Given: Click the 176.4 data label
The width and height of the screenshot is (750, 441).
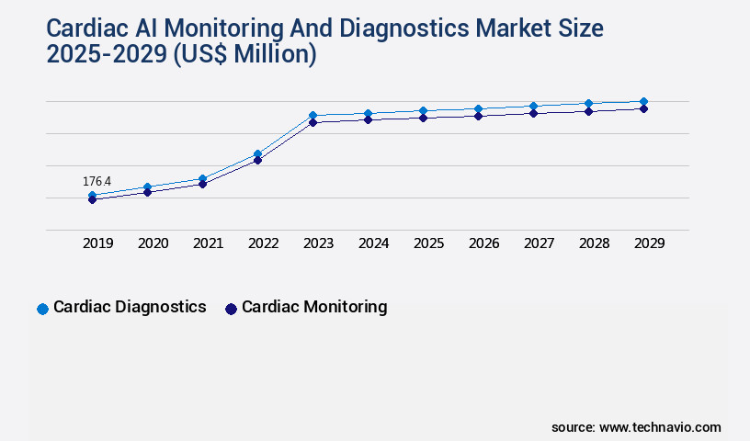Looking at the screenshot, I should (97, 182).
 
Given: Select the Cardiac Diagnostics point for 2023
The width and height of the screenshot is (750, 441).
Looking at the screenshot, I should (312, 116).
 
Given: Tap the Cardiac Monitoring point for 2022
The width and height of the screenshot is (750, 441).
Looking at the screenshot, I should (257, 161).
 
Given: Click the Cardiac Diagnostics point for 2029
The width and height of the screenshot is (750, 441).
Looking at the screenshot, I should (643, 101).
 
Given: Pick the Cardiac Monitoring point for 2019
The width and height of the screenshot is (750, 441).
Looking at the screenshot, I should (92, 199).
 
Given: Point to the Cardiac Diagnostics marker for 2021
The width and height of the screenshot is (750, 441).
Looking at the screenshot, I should (202, 178).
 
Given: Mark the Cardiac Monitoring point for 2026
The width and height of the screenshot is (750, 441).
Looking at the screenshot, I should (478, 116).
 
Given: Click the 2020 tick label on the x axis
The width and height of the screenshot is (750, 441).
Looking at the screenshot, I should (153, 243).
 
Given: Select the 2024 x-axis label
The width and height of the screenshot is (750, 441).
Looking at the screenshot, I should (373, 243).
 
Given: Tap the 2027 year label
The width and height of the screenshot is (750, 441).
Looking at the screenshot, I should (539, 243).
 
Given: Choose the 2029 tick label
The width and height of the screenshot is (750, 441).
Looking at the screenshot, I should (649, 243).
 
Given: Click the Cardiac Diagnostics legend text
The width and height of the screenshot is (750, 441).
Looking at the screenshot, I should (130, 307).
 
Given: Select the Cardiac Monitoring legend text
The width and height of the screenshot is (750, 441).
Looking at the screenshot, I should (314, 307).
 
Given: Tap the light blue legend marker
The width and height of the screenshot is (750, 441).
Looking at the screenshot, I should (42, 309).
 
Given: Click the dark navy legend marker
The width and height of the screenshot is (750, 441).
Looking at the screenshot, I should (231, 309).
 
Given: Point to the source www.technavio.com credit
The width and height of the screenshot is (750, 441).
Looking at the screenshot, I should (636, 427).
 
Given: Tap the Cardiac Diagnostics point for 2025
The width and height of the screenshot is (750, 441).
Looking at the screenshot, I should (423, 110).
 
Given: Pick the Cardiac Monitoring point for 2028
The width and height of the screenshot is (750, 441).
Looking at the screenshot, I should (588, 111).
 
